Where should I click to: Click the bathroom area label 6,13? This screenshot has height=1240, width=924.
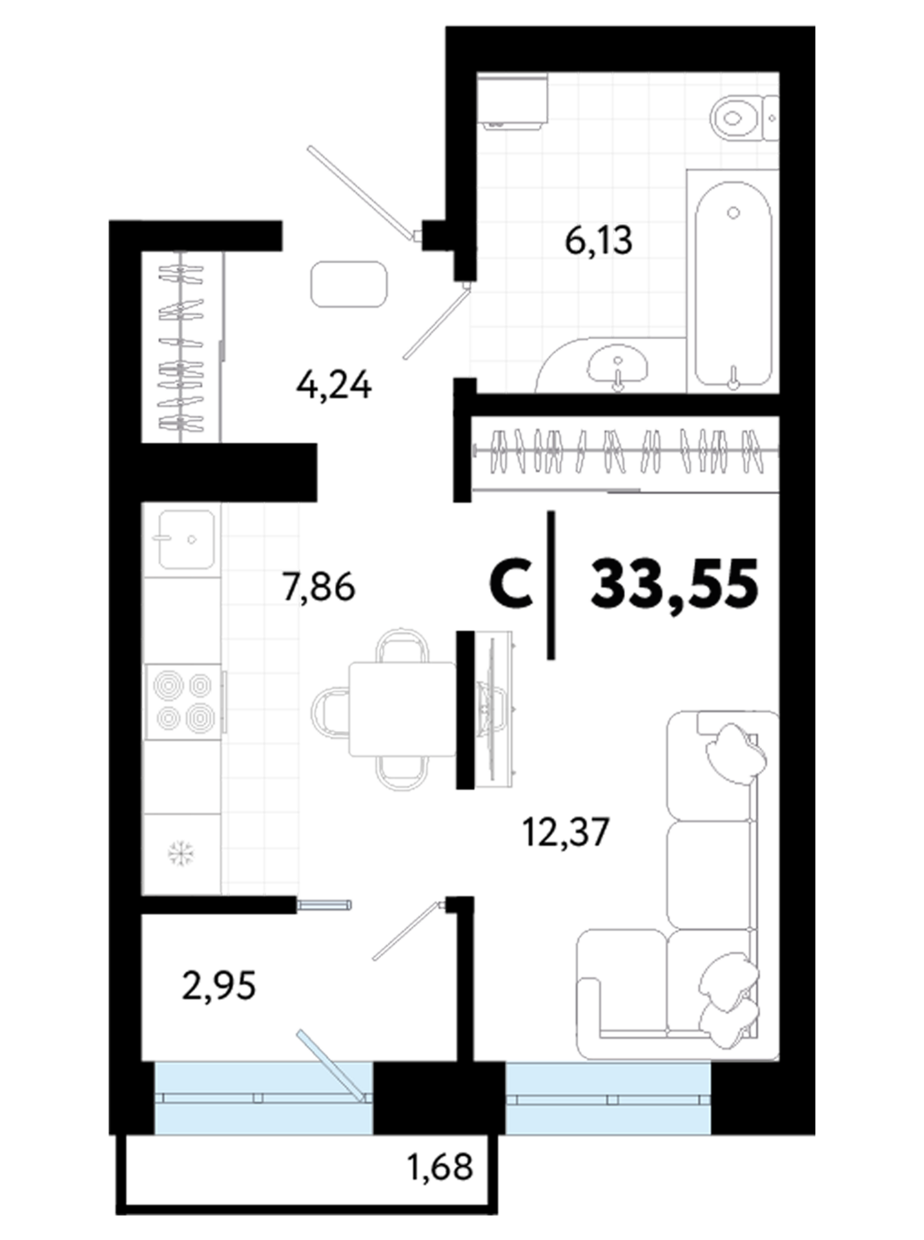(x=599, y=242)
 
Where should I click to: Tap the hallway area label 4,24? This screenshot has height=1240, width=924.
(x=334, y=386)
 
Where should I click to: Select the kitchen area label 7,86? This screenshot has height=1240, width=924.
(x=319, y=588)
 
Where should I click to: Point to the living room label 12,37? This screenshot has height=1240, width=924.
(x=566, y=832)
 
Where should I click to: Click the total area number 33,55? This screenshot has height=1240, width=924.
(x=674, y=584)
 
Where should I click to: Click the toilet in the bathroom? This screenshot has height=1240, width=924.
(x=744, y=118)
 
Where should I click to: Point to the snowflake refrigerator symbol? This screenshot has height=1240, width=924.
(x=181, y=854)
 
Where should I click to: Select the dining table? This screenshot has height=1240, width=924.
(x=402, y=708)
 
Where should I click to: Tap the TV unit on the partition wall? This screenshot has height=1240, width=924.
(x=495, y=709)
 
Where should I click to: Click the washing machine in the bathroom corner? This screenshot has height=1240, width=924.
(x=513, y=100)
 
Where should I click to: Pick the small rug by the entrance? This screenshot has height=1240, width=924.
(x=349, y=284)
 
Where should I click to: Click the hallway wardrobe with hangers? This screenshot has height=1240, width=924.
(x=183, y=347)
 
